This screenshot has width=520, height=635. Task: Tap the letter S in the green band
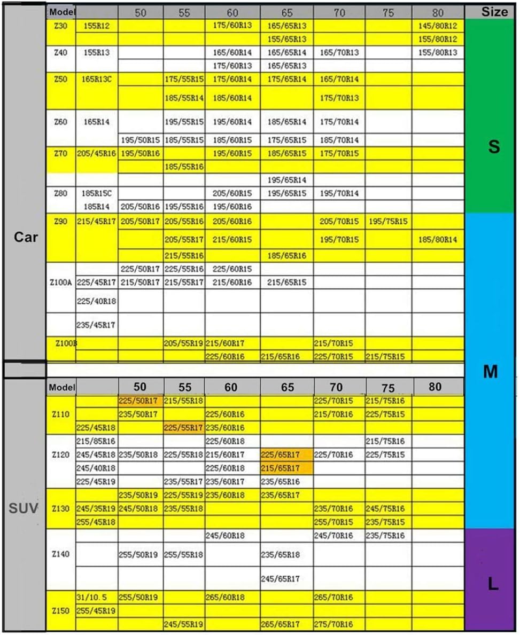[x=494, y=147]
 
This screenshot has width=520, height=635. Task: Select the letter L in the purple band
[x=493, y=585]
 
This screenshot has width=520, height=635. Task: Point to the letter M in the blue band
[x=490, y=372]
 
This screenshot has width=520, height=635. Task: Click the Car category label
[x=25, y=237]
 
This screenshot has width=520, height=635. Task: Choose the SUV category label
[x=24, y=508]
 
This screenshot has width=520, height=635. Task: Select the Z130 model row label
[x=61, y=508]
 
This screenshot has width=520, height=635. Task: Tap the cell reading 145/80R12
[x=438, y=25]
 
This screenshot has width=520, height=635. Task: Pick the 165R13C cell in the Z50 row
[x=97, y=79]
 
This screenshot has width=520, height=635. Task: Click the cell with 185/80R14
[x=438, y=239]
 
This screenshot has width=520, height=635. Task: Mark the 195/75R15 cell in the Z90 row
[x=388, y=221]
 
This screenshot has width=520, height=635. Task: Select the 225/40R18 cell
[x=97, y=301]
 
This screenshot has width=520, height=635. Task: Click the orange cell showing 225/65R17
[x=286, y=455]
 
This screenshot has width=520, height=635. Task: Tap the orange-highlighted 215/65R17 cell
[x=286, y=468]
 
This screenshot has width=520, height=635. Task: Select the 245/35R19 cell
[x=97, y=508]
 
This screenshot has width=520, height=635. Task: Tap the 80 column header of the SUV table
[x=436, y=387]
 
